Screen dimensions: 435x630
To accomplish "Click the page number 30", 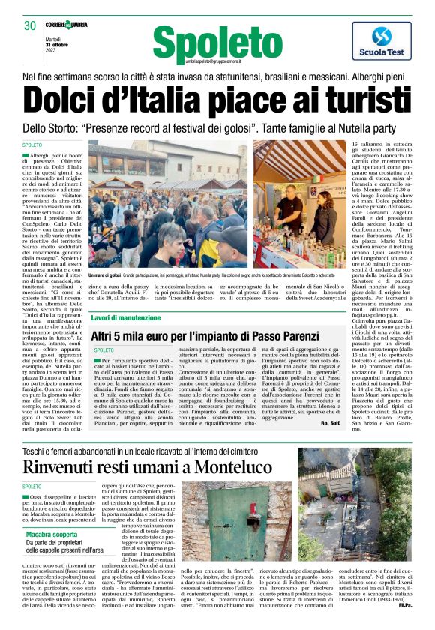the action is [30, 26].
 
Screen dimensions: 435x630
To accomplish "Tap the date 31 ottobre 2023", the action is [56, 41].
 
